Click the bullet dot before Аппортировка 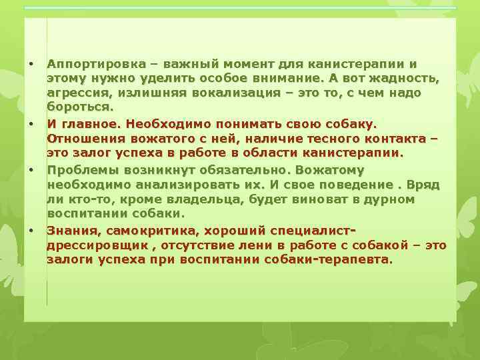pos(31,64)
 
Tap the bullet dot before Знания pos(31,230)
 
